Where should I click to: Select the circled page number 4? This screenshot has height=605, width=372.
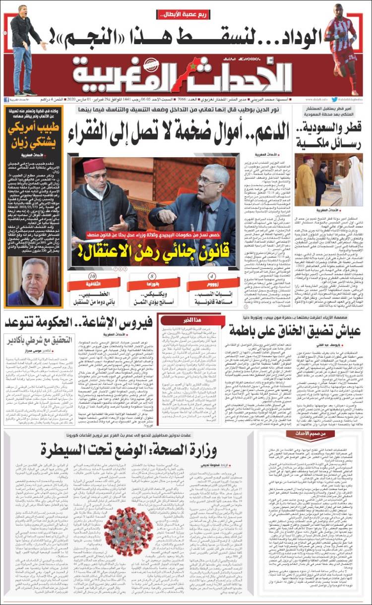tap(212, 276)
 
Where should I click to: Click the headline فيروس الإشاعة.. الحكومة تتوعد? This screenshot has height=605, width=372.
tap(80, 323)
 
